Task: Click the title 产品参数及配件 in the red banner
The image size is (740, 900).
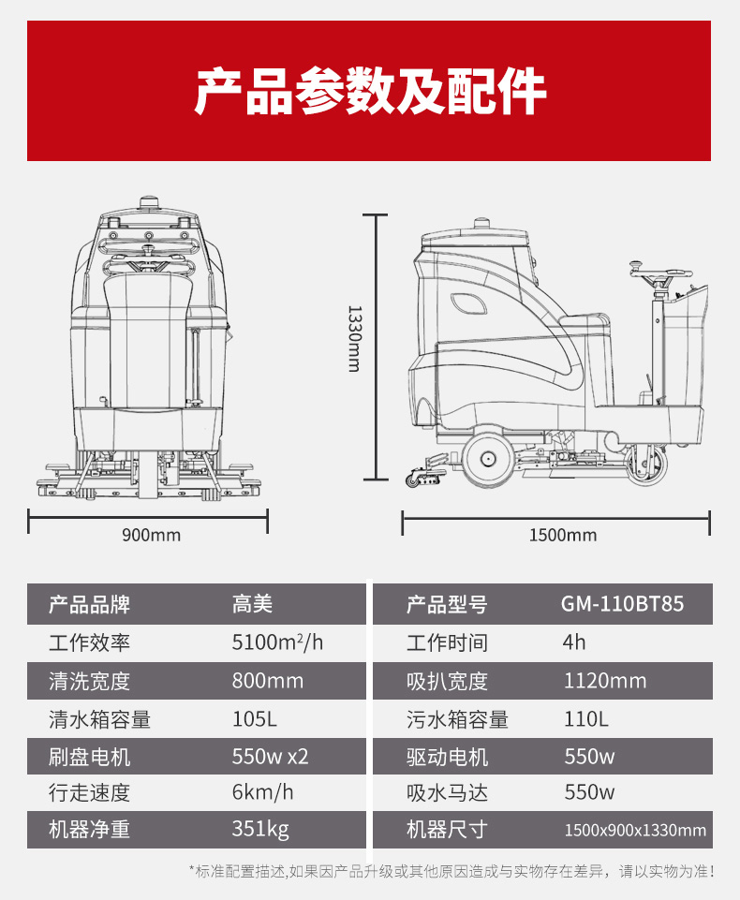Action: click(x=370, y=91)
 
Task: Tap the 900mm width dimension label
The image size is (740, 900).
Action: click(x=151, y=535)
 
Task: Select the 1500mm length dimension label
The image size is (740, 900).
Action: click(x=563, y=535)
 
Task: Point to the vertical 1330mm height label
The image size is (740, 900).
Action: click(x=355, y=339)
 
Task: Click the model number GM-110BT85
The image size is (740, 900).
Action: click(x=622, y=604)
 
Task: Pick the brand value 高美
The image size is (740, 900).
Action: click(x=252, y=604)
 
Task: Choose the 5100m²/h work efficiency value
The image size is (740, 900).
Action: click(x=277, y=642)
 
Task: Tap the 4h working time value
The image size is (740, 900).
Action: click(x=574, y=642)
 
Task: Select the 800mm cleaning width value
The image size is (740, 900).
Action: click(x=268, y=681)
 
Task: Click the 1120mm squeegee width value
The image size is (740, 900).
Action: click(x=605, y=681)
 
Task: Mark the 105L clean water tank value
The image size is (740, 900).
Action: click(x=255, y=718)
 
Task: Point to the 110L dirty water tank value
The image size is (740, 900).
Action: click(x=585, y=718)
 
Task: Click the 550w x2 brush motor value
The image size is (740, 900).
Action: click(x=271, y=757)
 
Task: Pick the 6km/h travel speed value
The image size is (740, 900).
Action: click(x=262, y=792)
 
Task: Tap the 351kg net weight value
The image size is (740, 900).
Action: click(x=260, y=830)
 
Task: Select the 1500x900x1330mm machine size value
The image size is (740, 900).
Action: click(x=635, y=830)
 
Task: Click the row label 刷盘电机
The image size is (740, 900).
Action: click(x=90, y=757)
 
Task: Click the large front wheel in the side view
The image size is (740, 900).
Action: click(x=487, y=458)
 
